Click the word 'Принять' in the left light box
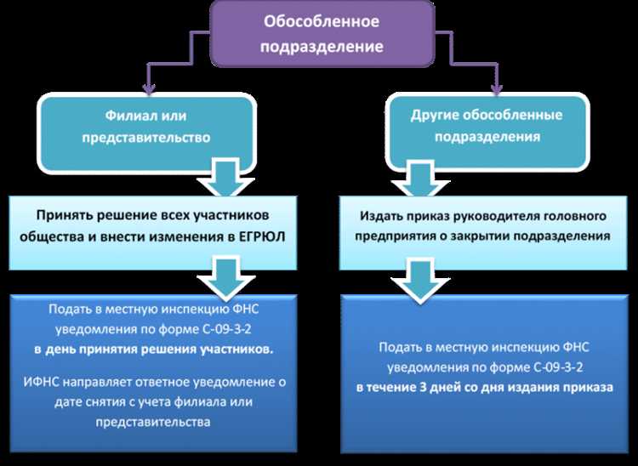66,216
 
